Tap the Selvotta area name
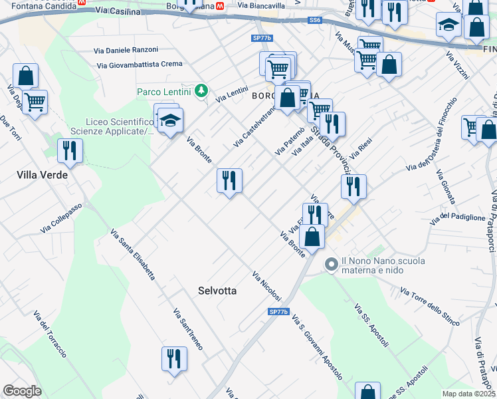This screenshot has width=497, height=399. [217, 291]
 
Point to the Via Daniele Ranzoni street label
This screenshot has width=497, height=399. [126, 50]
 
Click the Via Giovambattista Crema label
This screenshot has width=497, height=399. [139, 65]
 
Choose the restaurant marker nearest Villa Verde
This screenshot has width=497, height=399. [70, 150]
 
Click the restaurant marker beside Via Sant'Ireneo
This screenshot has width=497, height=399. [174, 358]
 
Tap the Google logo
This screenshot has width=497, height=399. [22, 391]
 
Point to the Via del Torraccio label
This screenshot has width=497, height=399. [50, 333]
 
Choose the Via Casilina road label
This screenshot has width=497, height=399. [118, 11]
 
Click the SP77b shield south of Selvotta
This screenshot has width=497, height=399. [279, 311]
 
